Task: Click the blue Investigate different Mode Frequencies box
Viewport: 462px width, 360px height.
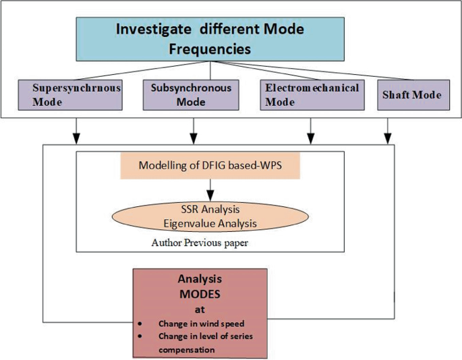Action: [x=210, y=39]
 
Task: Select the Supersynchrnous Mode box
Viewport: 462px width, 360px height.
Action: [x=70, y=95]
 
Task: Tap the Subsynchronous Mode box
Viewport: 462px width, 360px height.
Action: [x=191, y=95]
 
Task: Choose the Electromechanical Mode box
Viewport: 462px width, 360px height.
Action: [x=311, y=95]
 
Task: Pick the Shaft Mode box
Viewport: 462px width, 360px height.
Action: [x=411, y=95]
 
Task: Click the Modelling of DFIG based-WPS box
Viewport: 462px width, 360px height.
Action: [x=210, y=166]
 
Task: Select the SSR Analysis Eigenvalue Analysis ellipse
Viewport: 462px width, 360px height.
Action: [x=210, y=216]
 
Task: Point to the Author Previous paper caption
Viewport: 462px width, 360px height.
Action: [x=200, y=243]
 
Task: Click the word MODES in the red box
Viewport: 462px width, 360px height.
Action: [x=200, y=294]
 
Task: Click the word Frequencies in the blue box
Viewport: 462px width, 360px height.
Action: [x=210, y=49]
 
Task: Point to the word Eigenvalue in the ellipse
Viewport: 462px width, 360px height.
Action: [x=188, y=223]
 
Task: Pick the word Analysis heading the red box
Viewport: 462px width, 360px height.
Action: [x=200, y=278]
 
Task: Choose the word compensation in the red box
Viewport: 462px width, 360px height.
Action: [x=187, y=349]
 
